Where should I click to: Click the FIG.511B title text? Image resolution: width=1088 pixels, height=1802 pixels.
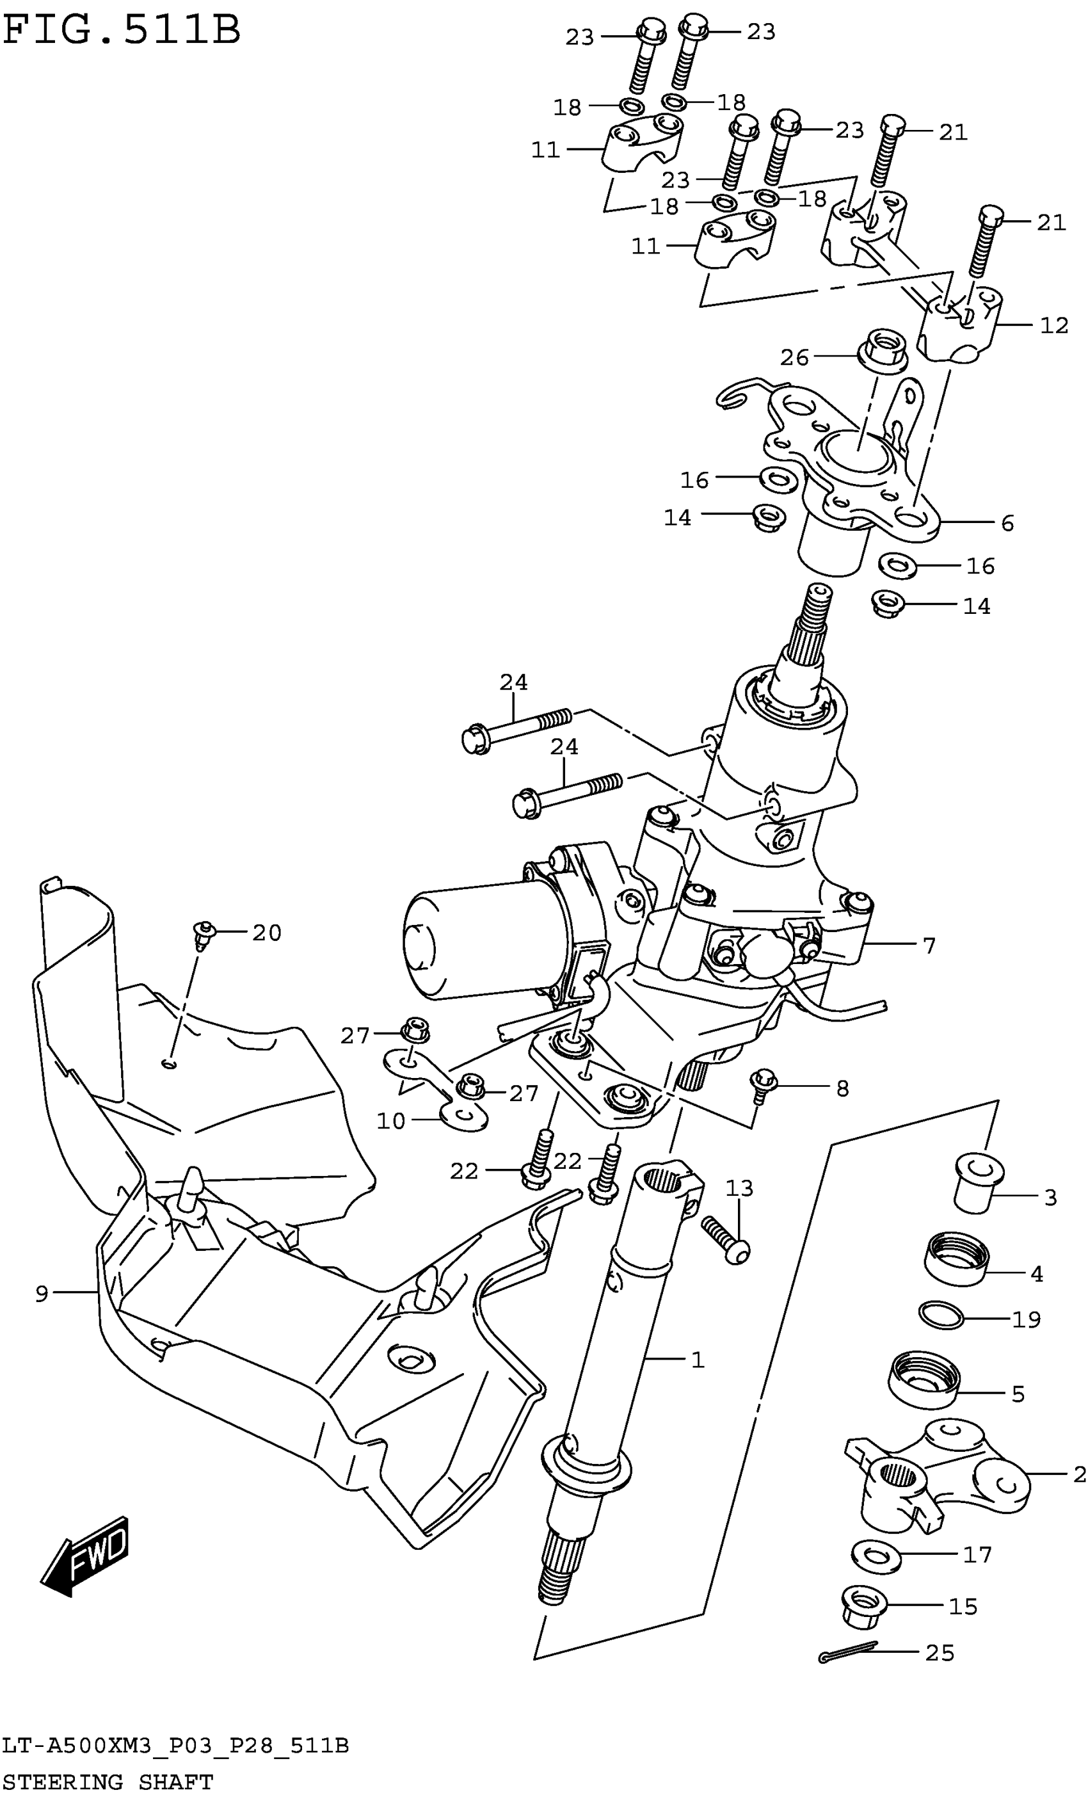point(122,31)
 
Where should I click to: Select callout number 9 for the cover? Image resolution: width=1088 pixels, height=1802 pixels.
point(42,1294)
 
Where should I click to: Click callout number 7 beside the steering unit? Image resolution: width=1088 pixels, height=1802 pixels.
point(929,946)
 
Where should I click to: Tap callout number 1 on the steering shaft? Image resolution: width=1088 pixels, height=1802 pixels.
point(698,1360)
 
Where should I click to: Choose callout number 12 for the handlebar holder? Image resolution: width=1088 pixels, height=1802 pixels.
point(1053,325)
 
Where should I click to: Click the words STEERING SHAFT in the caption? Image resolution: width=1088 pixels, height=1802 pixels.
point(108,1782)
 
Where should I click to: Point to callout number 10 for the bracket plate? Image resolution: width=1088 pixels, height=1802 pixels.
point(390,1121)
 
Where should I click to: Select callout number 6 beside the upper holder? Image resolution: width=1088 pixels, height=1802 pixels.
point(1007,523)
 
